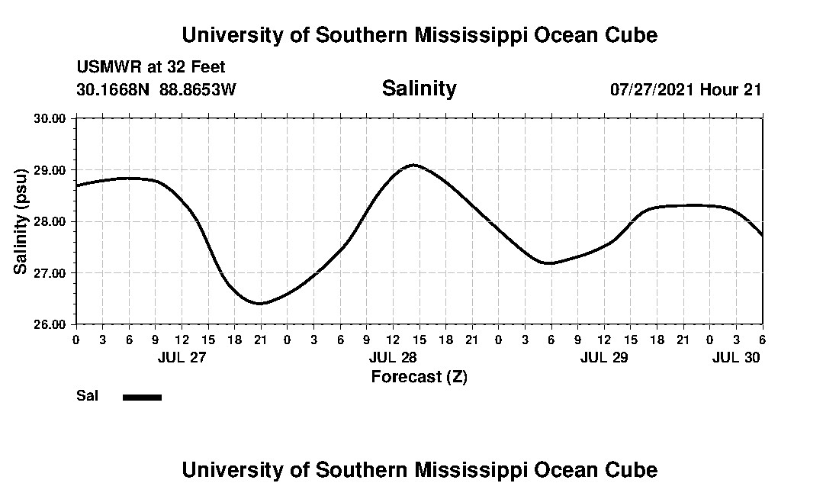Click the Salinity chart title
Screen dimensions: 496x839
419,89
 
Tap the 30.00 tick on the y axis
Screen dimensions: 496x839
51,118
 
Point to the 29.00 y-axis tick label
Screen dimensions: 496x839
51,170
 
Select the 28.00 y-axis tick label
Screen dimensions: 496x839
51,221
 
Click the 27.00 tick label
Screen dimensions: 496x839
51,273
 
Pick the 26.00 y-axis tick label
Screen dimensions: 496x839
51,324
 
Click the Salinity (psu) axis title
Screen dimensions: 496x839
21,221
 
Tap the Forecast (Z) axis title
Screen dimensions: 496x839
419,376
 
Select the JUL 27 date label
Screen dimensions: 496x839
182,357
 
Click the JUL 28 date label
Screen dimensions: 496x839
393,357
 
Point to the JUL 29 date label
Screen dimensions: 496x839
604,357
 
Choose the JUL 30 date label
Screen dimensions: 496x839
736,357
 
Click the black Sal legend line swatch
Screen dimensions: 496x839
142,397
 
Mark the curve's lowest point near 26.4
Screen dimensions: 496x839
260,304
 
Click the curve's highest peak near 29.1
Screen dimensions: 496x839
413,164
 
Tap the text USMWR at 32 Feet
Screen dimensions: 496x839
150,67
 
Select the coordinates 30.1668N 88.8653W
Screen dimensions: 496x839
156,89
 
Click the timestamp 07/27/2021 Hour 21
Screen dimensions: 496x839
686,89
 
